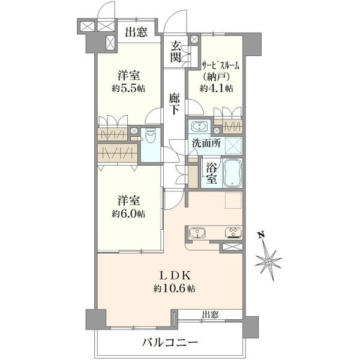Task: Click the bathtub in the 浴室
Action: [x=233, y=173]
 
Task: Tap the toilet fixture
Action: [x=151, y=137]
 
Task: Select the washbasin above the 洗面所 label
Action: [x=199, y=126]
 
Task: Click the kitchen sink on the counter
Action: [x=197, y=233]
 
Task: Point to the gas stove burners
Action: [x=233, y=233]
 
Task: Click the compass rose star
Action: [x=269, y=262]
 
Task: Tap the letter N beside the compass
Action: [x=260, y=235]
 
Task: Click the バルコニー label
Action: [x=170, y=343]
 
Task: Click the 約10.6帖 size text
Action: [x=175, y=289]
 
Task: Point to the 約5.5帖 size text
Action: [x=128, y=88]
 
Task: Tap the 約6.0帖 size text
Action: [x=128, y=214]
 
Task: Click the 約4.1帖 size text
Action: [x=217, y=88]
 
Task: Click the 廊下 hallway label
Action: [x=175, y=104]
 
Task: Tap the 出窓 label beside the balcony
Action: [x=211, y=314]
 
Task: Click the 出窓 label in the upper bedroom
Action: [x=136, y=32]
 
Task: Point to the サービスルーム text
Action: [x=220, y=66]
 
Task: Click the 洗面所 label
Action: [x=206, y=143]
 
